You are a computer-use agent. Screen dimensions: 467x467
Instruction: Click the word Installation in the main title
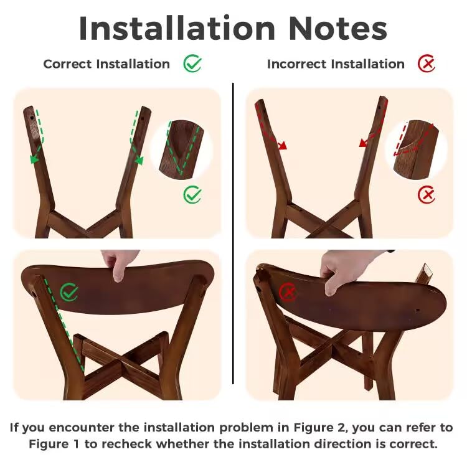tap(177, 28)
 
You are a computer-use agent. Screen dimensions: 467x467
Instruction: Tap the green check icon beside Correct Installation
tap(192, 64)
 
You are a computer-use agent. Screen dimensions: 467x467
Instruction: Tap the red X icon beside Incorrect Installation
tap(426, 64)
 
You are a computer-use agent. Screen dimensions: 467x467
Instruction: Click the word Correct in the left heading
tap(67, 64)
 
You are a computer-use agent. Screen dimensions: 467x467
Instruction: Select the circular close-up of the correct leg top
tap(181, 149)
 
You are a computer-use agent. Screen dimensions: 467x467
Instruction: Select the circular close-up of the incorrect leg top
tap(416, 149)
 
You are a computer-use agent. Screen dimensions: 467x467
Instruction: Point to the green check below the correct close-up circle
tap(192, 194)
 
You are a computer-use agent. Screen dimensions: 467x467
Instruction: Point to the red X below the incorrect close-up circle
tap(426, 194)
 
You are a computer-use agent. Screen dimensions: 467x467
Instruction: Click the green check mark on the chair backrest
tap(69, 292)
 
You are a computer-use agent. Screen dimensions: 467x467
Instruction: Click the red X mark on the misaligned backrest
tap(288, 292)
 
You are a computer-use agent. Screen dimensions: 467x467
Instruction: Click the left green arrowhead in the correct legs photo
tap(34, 159)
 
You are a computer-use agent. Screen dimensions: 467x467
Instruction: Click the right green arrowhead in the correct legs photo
tap(139, 160)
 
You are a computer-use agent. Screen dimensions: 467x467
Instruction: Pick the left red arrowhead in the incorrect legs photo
tap(283, 145)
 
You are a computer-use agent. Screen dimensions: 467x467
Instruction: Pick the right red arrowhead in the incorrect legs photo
tap(363, 143)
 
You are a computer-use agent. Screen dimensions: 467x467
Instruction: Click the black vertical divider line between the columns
tap(233, 233)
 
